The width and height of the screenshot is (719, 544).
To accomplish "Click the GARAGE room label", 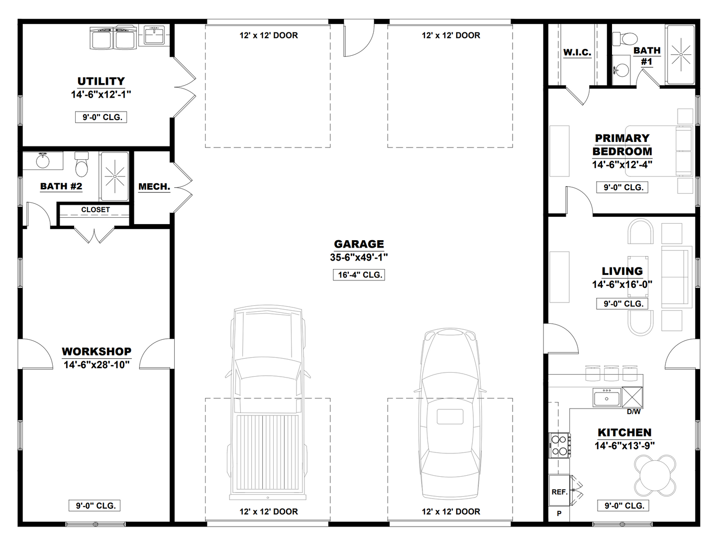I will (x=359, y=244).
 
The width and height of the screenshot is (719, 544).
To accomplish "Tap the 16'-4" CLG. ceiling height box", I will (x=359, y=275).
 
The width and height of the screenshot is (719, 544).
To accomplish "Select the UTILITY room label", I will (x=101, y=81).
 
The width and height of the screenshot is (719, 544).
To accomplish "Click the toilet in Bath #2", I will (x=81, y=164).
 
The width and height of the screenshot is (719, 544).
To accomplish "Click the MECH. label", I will (x=154, y=187).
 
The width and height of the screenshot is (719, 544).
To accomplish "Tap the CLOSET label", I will (x=95, y=210).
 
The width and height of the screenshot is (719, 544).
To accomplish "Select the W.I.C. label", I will (x=577, y=52).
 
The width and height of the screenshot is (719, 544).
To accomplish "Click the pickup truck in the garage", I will (x=268, y=404).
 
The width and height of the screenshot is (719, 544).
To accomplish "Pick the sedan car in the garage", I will (x=450, y=413).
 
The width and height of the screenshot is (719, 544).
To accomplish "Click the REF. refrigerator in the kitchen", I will (x=559, y=492).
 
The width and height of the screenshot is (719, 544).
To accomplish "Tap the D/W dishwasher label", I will (x=633, y=412).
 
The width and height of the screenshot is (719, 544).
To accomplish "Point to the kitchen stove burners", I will (x=559, y=445).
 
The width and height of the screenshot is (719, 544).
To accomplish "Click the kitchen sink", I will (x=607, y=398).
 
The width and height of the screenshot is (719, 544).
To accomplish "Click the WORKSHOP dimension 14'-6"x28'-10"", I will (x=97, y=365).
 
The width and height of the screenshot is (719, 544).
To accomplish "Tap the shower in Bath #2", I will (x=114, y=175).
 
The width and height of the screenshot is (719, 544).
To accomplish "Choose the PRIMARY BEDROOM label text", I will (x=622, y=144).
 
